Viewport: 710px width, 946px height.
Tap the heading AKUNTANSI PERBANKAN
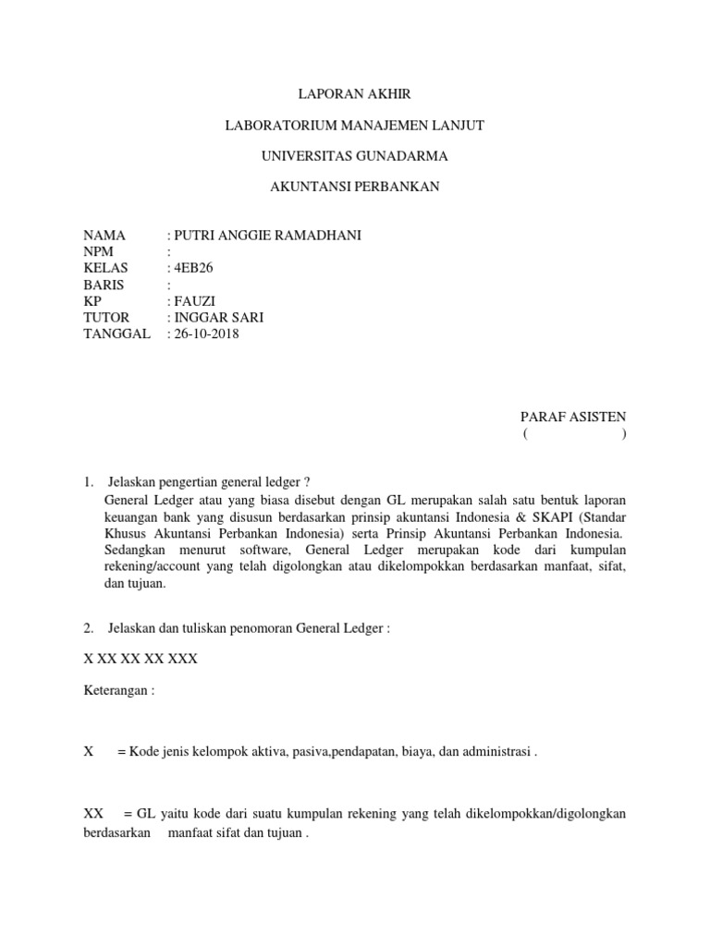(355, 188)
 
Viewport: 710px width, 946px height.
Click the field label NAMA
(104, 236)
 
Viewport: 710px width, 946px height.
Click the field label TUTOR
(106, 318)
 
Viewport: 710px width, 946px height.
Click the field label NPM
(98, 251)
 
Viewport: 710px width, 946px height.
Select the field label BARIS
(104, 285)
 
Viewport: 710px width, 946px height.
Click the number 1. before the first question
(89, 482)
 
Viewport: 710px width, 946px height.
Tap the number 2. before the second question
(89, 628)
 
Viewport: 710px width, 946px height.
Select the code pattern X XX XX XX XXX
(141, 660)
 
